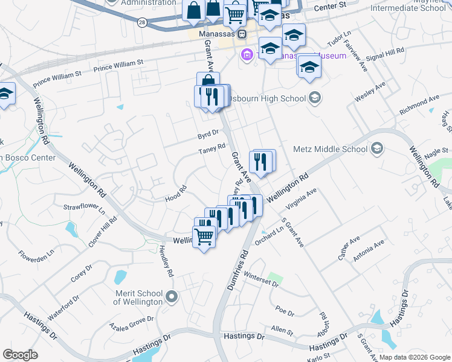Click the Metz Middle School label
tap(330, 149)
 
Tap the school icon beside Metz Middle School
tap(376, 148)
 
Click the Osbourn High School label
tap(276, 98)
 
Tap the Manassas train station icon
tap(242, 34)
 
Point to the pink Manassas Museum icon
tap(247, 56)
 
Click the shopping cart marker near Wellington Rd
tap(204, 237)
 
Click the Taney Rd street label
tap(213, 148)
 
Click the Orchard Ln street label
tap(268, 236)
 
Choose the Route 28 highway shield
tap(141, 22)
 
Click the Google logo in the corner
tap(20, 355)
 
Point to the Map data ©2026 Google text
tap(415, 357)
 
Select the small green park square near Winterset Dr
tap(276, 279)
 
